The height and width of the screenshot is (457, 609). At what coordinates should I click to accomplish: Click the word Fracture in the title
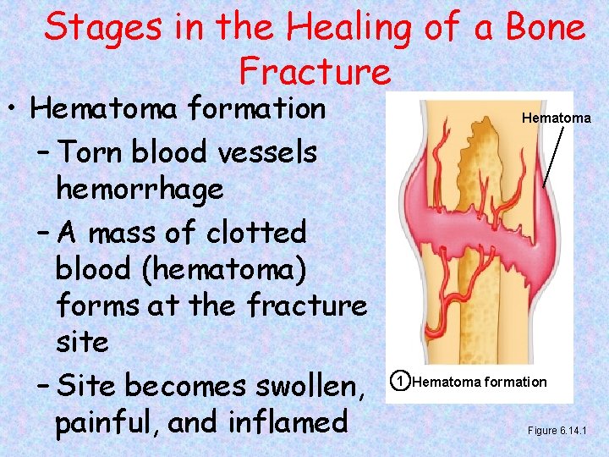point(315,71)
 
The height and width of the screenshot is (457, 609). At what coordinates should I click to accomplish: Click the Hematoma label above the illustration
point(556,118)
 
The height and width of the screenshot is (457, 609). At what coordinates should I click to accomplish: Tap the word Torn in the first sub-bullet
point(92,152)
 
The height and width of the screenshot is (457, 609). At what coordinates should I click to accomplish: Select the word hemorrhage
point(140,189)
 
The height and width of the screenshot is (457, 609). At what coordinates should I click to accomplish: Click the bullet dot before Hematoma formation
point(14,111)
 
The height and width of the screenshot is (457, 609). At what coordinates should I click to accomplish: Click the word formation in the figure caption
point(513,382)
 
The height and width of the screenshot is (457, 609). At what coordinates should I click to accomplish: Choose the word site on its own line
point(82,342)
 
